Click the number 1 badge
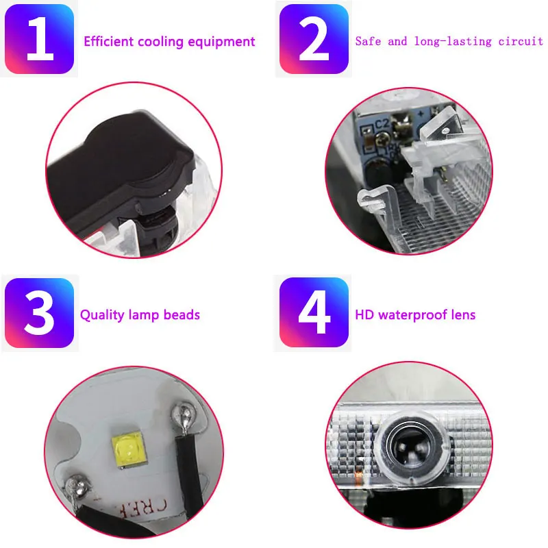click(40, 39)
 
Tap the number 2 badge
click(314, 39)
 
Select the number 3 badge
click(40, 313)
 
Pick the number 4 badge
click(314, 312)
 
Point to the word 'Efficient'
click(109, 41)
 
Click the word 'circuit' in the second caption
click(521, 41)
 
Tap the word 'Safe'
click(368, 41)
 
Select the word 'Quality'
click(102, 315)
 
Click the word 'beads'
click(182, 314)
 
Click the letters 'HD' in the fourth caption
click(364, 314)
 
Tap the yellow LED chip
click(129, 450)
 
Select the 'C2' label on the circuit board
click(382, 124)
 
